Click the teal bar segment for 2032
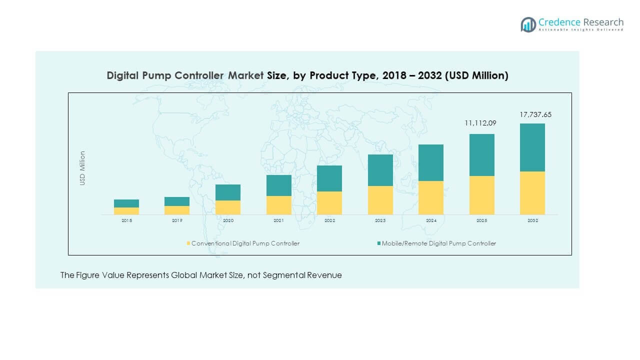pyautogui.click(x=532, y=147)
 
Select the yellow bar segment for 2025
pyautogui.click(x=481, y=195)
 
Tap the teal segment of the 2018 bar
pyautogui.click(x=126, y=203)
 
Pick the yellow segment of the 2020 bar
pyautogui.click(x=228, y=207)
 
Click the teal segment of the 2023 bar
pyautogui.click(x=380, y=170)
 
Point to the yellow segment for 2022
pyautogui.click(x=329, y=203)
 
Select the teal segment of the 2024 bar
pyautogui.click(x=431, y=162)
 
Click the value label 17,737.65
pyautogui.click(x=535, y=114)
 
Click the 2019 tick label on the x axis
pyautogui.click(x=177, y=220)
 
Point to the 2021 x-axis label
pyautogui.click(x=278, y=220)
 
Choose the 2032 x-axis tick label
pyautogui.click(x=532, y=220)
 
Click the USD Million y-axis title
pyautogui.click(x=82, y=168)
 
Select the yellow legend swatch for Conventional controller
pyautogui.click(x=188, y=243)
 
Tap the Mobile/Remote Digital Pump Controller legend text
pyautogui.click(x=439, y=243)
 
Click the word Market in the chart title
pyautogui.click(x=245, y=75)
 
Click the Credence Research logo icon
pyautogui.click(x=528, y=24)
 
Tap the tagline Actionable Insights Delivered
pyautogui.click(x=581, y=30)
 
